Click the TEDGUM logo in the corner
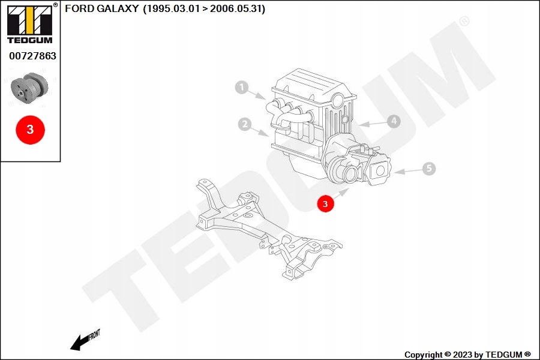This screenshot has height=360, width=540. point(29,24)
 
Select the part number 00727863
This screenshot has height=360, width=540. point(32,56)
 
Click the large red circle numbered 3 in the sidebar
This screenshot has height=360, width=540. point(31,129)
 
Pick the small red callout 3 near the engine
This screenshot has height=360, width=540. point(325,204)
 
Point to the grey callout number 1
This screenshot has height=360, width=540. point(241,88)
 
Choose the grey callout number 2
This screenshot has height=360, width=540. point(244,124)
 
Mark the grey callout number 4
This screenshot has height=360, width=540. point(393,121)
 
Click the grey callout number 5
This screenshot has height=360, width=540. point(428,169)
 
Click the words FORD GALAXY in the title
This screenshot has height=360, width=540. point(101,9)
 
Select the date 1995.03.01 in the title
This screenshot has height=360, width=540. point(170,9)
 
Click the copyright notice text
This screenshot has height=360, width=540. point(467,355)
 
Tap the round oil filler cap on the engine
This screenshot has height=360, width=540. point(337,99)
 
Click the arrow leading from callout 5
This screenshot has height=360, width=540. point(408,171)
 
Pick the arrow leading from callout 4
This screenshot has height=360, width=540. point(372,124)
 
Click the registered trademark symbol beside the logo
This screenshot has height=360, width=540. point(56,5)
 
